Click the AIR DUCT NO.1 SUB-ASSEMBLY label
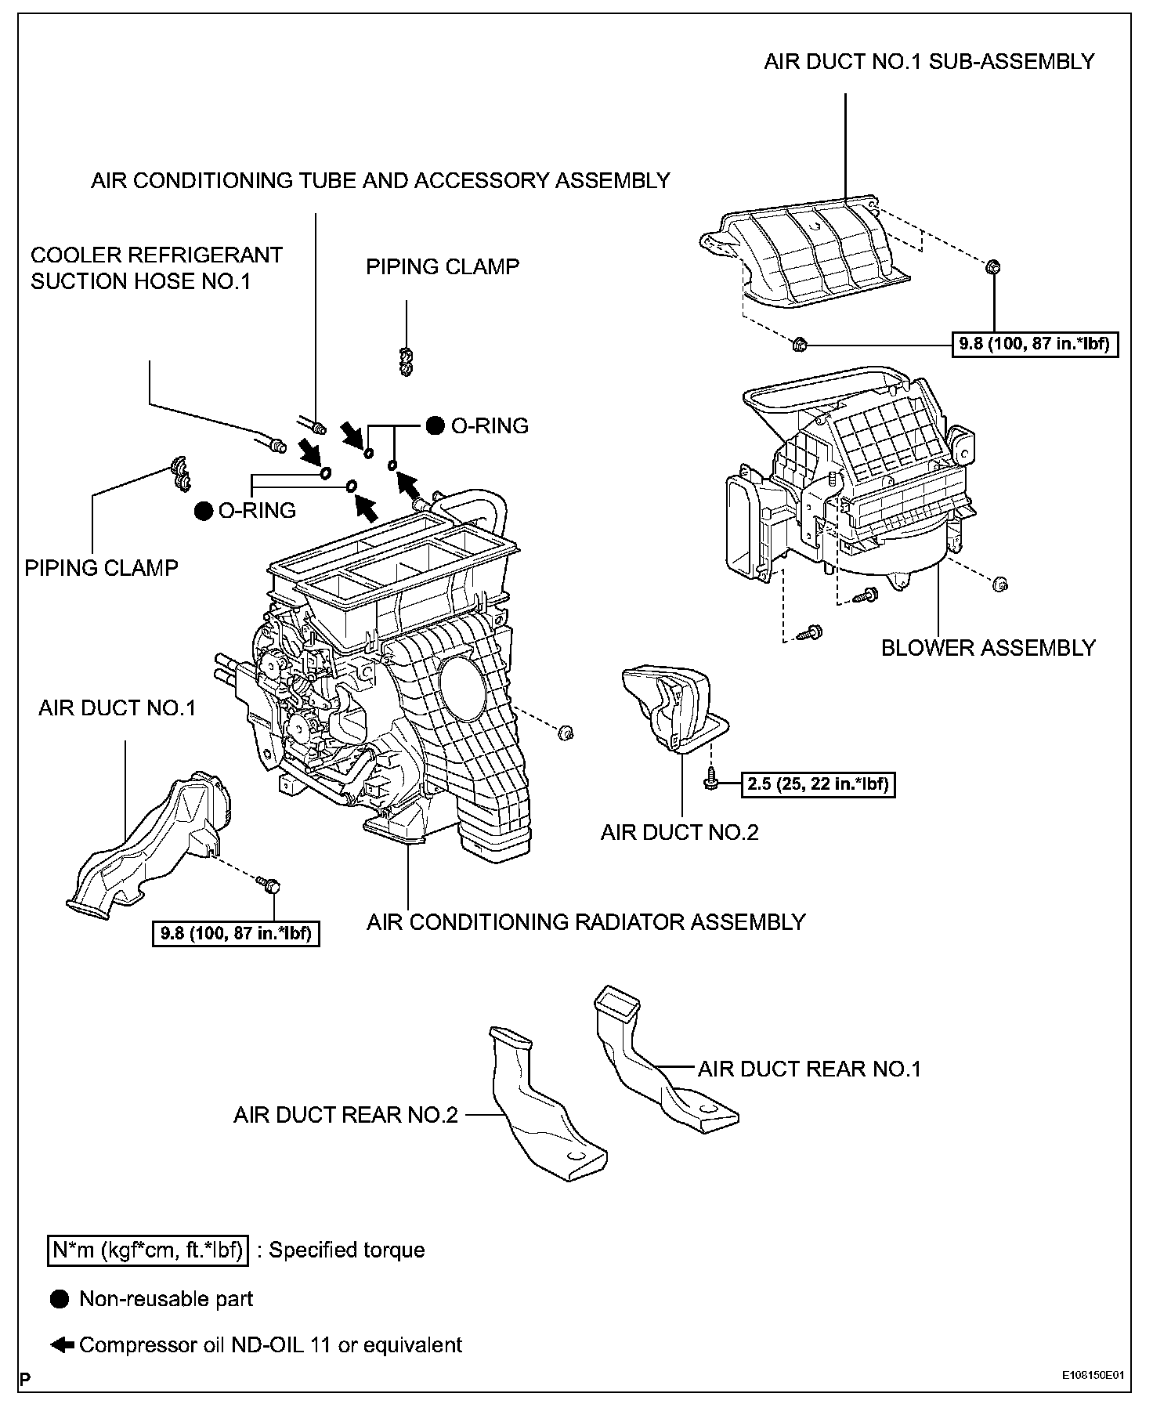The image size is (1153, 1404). coord(929,62)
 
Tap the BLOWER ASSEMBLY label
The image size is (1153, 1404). coord(988,648)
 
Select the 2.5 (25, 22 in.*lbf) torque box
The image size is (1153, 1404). coord(818,783)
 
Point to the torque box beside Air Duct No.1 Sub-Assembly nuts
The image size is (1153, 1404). coord(1034,344)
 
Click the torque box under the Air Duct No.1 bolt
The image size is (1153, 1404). coord(236,933)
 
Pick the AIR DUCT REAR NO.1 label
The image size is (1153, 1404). coord(809,1069)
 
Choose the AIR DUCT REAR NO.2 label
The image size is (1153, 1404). coord(345,1114)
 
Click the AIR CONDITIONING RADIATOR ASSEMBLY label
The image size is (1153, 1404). coord(586,922)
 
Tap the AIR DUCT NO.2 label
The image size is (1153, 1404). coord(679,832)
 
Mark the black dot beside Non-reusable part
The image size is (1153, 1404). coord(60,1299)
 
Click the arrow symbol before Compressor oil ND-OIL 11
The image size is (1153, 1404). coord(62,1344)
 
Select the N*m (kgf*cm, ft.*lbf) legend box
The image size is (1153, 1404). coord(146,1250)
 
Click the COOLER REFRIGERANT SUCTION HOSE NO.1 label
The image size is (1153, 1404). coord(156,268)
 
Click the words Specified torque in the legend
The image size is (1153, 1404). coord(346,1250)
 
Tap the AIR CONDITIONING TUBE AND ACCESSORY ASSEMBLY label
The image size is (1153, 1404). coord(380,180)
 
